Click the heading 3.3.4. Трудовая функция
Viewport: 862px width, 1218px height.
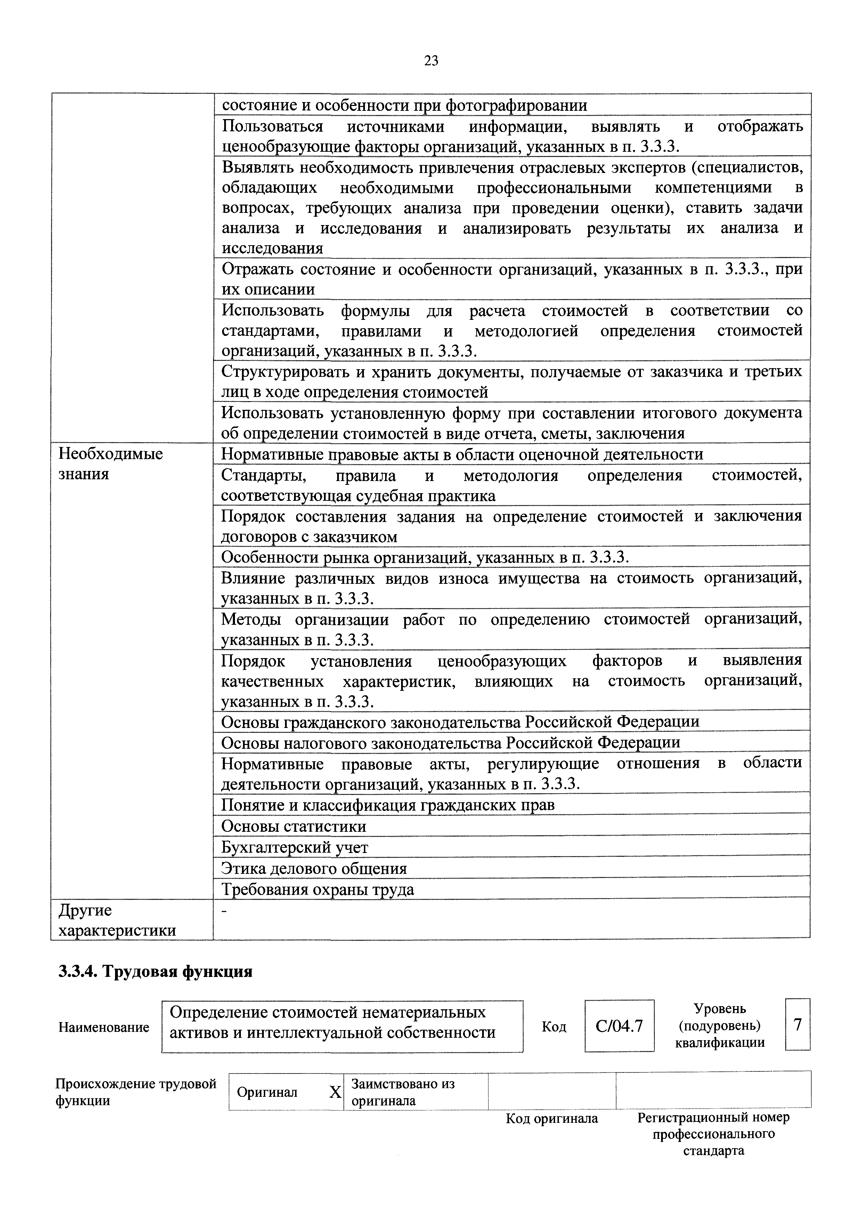(x=155, y=971)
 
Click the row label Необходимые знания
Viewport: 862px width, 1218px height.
(x=111, y=464)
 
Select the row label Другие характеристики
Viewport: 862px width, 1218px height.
(x=117, y=920)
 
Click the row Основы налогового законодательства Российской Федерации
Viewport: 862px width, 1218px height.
(x=450, y=742)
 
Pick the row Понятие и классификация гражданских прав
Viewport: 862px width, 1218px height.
(x=388, y=805)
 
